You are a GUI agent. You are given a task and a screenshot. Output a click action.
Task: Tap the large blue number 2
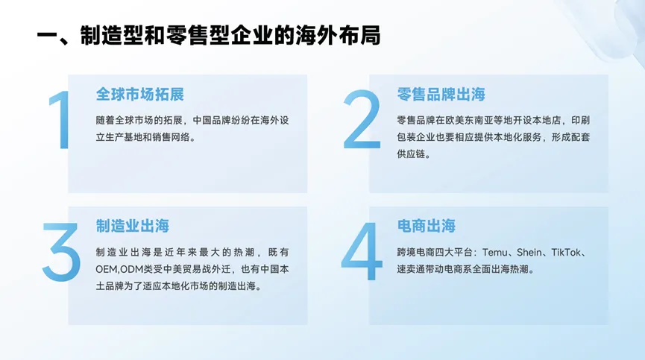362,119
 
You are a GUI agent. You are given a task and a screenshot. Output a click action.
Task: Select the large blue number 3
61,252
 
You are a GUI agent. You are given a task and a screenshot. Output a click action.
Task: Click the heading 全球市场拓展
140,95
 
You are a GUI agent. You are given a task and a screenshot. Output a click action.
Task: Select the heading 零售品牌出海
441,95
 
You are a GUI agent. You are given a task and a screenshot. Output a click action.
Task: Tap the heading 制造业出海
133,226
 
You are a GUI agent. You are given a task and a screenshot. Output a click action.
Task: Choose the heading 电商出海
427,226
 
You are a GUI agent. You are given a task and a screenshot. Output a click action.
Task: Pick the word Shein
529,253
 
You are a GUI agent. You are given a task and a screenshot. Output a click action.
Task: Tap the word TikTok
566,253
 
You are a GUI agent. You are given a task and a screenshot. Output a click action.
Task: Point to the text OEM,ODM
119,269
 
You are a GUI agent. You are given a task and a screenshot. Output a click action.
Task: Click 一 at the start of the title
47,36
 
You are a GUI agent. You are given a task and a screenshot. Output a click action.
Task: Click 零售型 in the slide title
198,36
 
